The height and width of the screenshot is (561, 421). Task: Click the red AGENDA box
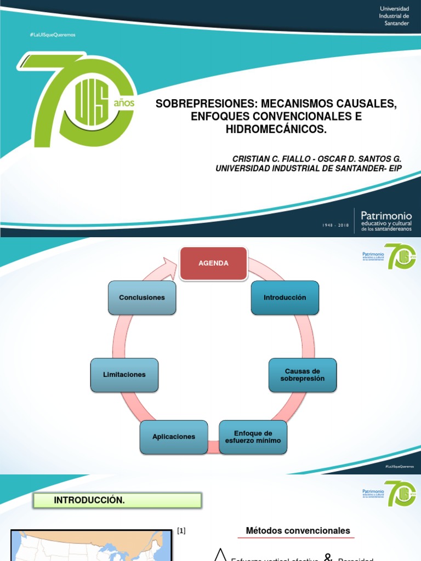(x=214, y=264)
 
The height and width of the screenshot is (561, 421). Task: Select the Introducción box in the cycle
(x=285, y=297)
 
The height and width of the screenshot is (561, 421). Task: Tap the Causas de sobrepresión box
(x=303, y=375)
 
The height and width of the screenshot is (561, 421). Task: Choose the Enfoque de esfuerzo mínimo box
(x=253, y=437)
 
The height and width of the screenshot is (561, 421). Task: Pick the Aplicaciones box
(x=174, y=437)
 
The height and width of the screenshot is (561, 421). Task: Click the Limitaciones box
(x=124, y=375)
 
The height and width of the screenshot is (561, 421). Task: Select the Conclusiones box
(x=142, y=297)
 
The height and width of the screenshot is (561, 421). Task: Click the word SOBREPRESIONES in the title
(x=207, y=104)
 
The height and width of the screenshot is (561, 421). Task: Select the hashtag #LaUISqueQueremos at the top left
(x=53, y=35)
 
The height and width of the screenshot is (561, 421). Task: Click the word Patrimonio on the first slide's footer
(x=386, y=216)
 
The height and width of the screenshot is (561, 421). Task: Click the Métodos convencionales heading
(x=298, y=531)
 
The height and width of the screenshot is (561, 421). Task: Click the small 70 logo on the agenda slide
(x=400, y=256)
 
